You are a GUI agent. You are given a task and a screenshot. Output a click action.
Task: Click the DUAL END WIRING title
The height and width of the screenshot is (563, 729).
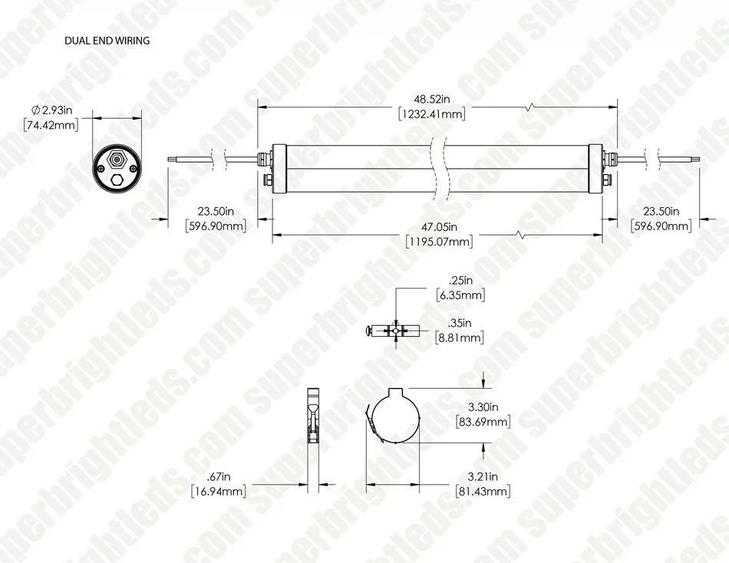(107, 41)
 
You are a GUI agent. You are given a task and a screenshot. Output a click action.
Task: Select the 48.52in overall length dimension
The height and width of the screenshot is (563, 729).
(434, 100)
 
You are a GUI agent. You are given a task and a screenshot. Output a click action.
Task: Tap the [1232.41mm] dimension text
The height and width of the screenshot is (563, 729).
(434, 114)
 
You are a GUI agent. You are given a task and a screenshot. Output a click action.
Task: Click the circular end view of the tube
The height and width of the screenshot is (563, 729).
(117, 168)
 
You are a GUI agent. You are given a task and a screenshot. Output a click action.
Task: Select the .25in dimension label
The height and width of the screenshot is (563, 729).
(460, 280)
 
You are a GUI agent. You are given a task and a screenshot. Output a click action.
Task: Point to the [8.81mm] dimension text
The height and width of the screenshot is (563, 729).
(460, 337)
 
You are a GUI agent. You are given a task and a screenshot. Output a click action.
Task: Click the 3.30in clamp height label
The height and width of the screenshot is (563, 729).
(484, 407)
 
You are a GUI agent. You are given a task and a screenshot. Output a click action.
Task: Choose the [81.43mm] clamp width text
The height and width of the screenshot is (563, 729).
(483, 491)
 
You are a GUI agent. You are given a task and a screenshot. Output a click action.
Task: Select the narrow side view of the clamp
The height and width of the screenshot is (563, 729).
(312, 433)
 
